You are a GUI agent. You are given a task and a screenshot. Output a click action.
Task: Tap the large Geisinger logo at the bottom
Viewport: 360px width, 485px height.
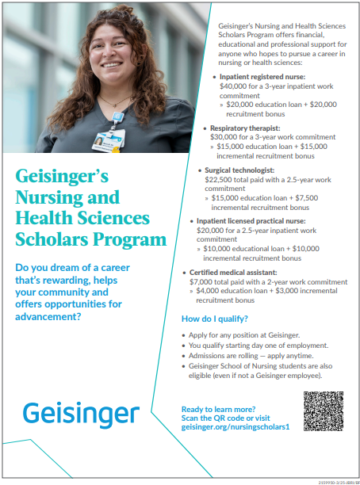tap(81, 414)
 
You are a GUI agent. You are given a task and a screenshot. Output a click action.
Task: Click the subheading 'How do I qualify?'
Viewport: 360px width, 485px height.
tap(214, 319)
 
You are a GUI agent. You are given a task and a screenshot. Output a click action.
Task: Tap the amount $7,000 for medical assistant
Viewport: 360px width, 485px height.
tap(203, 281)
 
